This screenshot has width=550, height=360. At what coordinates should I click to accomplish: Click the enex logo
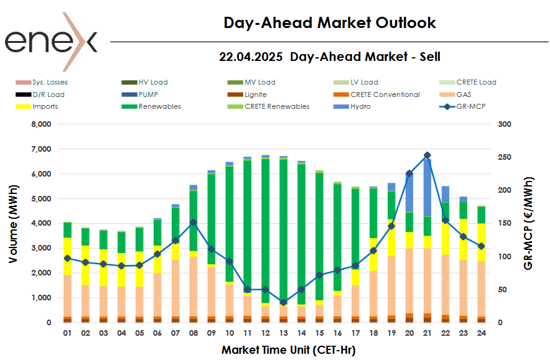51,41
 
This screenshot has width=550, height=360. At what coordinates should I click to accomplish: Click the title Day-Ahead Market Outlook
329,23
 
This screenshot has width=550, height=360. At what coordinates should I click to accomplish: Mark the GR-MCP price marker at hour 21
427,155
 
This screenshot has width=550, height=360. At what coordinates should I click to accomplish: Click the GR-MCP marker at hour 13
284,302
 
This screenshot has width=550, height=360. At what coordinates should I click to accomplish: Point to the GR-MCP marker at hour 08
193,222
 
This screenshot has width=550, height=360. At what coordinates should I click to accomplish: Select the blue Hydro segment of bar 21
427,187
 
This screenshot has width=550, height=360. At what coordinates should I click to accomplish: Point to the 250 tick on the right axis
505,157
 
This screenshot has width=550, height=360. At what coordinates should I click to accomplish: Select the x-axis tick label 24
481,333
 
